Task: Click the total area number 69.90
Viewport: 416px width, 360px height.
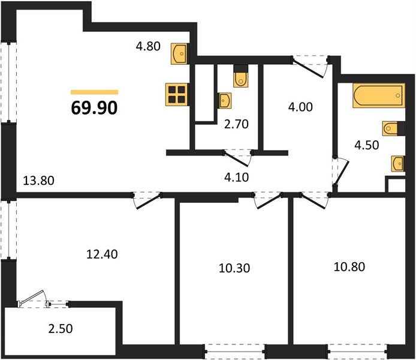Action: pos(94,108)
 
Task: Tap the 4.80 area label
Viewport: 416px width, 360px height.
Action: pos(148,46)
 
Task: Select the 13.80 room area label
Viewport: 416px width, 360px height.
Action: pos(39,181)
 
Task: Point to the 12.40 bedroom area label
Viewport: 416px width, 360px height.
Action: pos(102,254)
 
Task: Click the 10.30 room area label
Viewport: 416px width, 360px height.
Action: pos(234,268)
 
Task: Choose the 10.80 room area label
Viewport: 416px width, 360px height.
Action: pos(349,266)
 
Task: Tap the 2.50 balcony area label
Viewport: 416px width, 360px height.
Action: pos(61,329)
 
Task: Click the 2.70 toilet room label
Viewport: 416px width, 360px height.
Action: pos(236,124)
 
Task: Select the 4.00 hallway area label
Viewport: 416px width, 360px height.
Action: pos(300,107)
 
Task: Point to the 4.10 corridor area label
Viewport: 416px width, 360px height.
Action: pos(237,177)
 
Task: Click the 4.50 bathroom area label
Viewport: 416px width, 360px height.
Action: pos(367,145)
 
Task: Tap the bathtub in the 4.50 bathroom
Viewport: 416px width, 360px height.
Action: pos(379,95)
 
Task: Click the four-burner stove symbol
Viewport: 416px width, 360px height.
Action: pos(177,95)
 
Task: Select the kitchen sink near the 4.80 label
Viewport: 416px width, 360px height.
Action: pos(180,53)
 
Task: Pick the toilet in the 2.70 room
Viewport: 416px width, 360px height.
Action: pos(241,76)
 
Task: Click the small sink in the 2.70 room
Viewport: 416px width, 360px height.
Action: pos(224,100)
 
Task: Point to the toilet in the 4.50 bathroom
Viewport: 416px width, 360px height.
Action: pos(394,128)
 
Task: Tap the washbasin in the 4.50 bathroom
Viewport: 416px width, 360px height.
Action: pos(398,164)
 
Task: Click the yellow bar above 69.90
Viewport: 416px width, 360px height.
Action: pos(94,92)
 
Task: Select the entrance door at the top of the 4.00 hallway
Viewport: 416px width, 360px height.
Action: pos(310,67)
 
